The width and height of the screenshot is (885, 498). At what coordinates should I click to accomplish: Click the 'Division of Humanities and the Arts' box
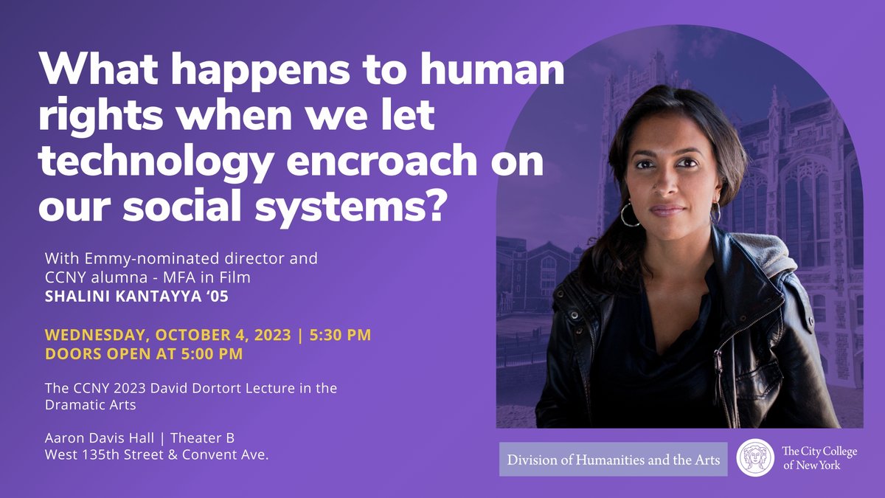pos(613,459)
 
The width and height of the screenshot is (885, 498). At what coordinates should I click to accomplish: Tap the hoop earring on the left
pos(629,215)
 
